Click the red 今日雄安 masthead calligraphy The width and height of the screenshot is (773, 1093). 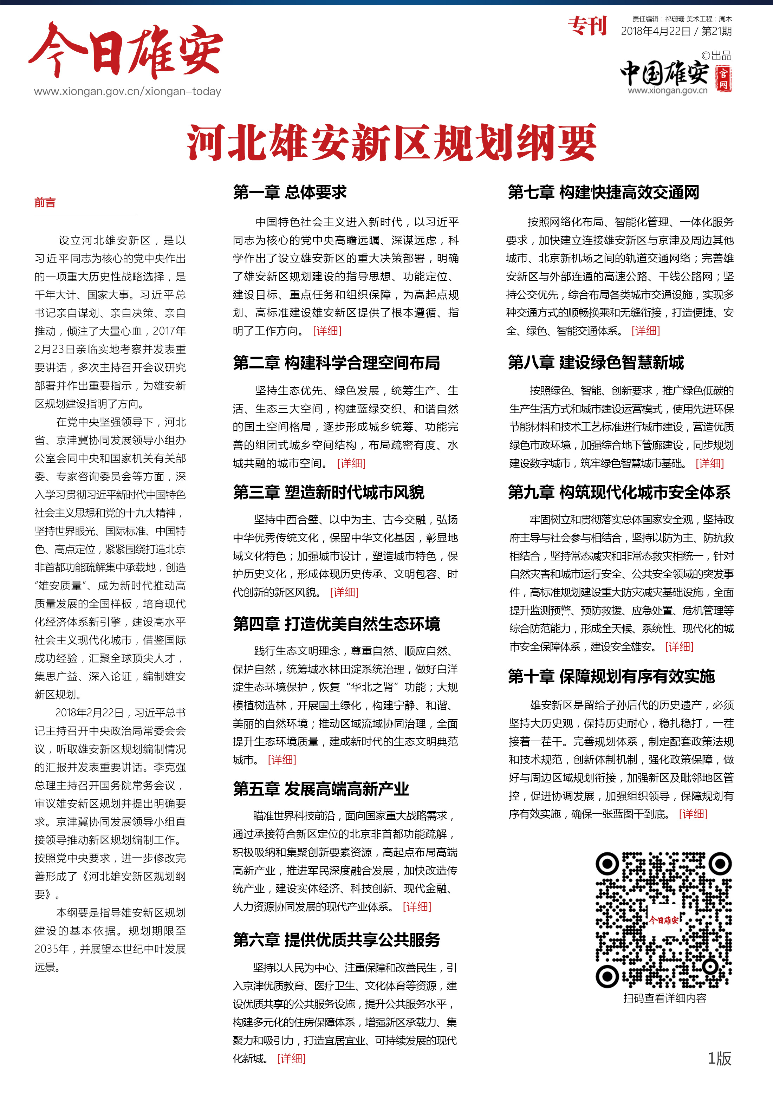(x=126, y=51)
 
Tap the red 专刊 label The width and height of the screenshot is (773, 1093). (x=587, y=26)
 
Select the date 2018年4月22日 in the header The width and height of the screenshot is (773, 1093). (x=655, y=31)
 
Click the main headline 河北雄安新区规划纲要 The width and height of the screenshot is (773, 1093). (x=391, y=142)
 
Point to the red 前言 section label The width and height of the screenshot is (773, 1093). (x=45, y=203)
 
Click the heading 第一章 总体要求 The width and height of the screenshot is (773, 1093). (x=290, y=192)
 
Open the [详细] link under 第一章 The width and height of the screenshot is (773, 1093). (x=327, y=331)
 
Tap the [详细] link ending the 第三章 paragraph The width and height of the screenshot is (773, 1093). (x=344, y=592)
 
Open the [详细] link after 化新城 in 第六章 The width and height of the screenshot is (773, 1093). (x=291, y=1058)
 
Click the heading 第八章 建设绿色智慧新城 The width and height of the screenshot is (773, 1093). (x=596, y=363)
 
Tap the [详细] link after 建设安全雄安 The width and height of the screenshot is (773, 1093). (x=679, y=646)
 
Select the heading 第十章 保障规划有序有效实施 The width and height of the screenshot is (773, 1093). (x=611, y=676)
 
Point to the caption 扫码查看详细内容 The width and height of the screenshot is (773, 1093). (x=664, y=998)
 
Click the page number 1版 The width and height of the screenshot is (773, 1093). (x=719, y=1058)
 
